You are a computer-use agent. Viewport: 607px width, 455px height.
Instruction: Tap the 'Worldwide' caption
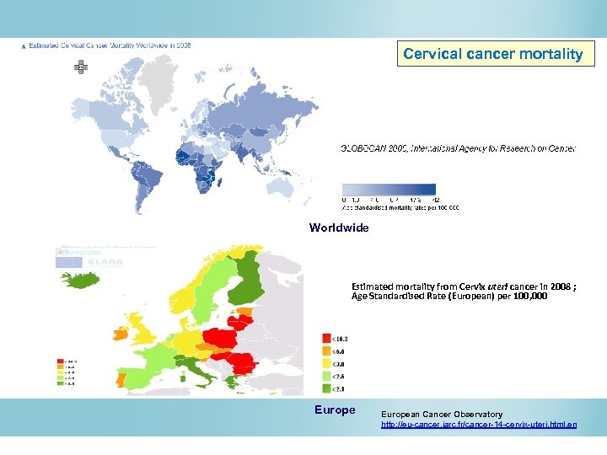coord(339,227)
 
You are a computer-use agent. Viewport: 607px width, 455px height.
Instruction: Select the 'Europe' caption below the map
coord(335,410)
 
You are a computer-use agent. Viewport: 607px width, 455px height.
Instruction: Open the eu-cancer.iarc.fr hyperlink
coord(479,425)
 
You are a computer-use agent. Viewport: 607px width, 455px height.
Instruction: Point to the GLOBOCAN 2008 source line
coord(458,148)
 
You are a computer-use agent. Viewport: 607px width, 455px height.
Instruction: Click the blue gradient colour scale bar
coord(389,190)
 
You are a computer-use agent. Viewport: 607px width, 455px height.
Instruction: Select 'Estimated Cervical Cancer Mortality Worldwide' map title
coord(110,45)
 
